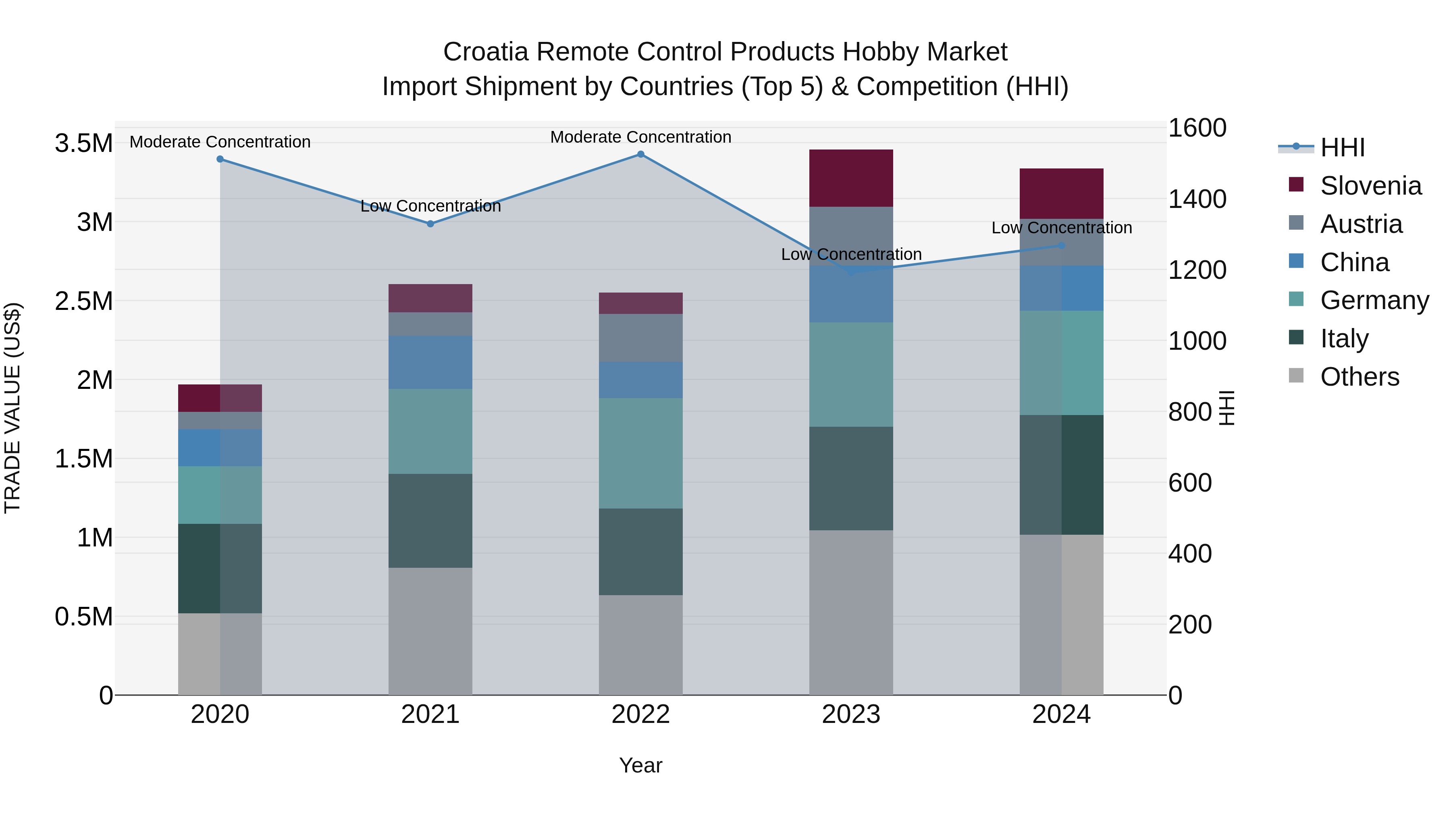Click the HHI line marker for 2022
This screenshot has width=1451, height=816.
pyautogui.click(x=640, y=154)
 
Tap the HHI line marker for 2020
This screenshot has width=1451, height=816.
pyautogui.click(x=220, y=159)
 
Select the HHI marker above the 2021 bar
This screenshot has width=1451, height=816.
pyautogui.click(x=430, y=224)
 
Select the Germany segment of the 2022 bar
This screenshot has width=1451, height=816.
pyautogui.click(x=640, y=453)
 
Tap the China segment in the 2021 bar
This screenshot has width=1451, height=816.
pyautogui.click(x=430, y=362)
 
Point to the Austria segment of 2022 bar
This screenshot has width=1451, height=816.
pyautogui.click(x=640, y=338)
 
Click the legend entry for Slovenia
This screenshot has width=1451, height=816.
pyautogui.click(x=1370, y=186)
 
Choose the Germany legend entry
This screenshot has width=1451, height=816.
pyautogui.click(x=1374, y=300)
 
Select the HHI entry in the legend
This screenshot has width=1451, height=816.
pyautogui.click(x=1342, y=147)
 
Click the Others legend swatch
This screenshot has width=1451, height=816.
pyautogui.click(x=1296, y=376)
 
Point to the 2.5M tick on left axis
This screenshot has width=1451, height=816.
pyautogui.click(x=83, y=301)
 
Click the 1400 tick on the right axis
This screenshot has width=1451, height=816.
pyautogui.click(x=1197, y=199)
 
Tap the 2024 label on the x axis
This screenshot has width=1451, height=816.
pyautogui.click(x=1061, y=714)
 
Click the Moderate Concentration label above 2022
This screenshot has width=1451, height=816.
pyautogui.click(x=640, y=137)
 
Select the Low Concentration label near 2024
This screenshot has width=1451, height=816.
pyautogui.click(x=1061, y=228)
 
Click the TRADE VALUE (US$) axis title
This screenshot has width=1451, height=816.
pyautogui.click(x=12, y=408)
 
